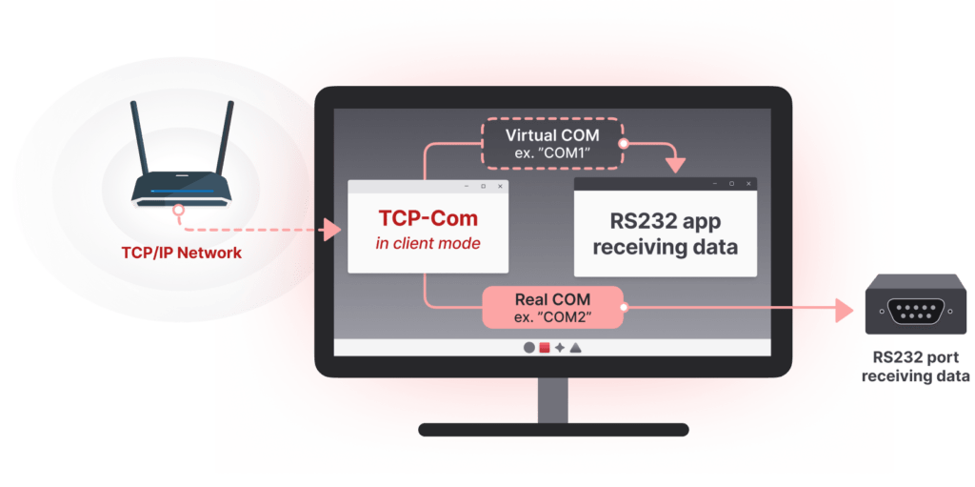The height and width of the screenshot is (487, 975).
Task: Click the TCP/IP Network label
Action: click(181, 254)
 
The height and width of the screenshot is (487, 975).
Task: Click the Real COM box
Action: click(552, 307)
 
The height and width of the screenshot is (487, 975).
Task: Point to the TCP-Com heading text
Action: click(428, 219)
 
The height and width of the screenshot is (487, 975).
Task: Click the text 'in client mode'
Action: click(428, 243)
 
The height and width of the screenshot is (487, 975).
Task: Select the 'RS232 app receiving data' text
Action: click(666, 234)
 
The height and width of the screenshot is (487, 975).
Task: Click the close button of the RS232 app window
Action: click(748, 184)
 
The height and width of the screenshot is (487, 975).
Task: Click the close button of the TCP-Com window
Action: click(500, 186)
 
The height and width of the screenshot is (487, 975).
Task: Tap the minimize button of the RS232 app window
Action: click(714, 184)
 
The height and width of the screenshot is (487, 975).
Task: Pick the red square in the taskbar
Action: click(545, 348)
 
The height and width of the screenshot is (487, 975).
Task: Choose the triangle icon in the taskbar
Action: click(576, 348)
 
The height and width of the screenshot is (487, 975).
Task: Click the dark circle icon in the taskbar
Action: click(529, 348)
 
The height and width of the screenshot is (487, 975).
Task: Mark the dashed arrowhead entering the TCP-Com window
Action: click(331, 230)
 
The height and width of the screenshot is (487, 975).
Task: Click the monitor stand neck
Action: click(552, 400)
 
